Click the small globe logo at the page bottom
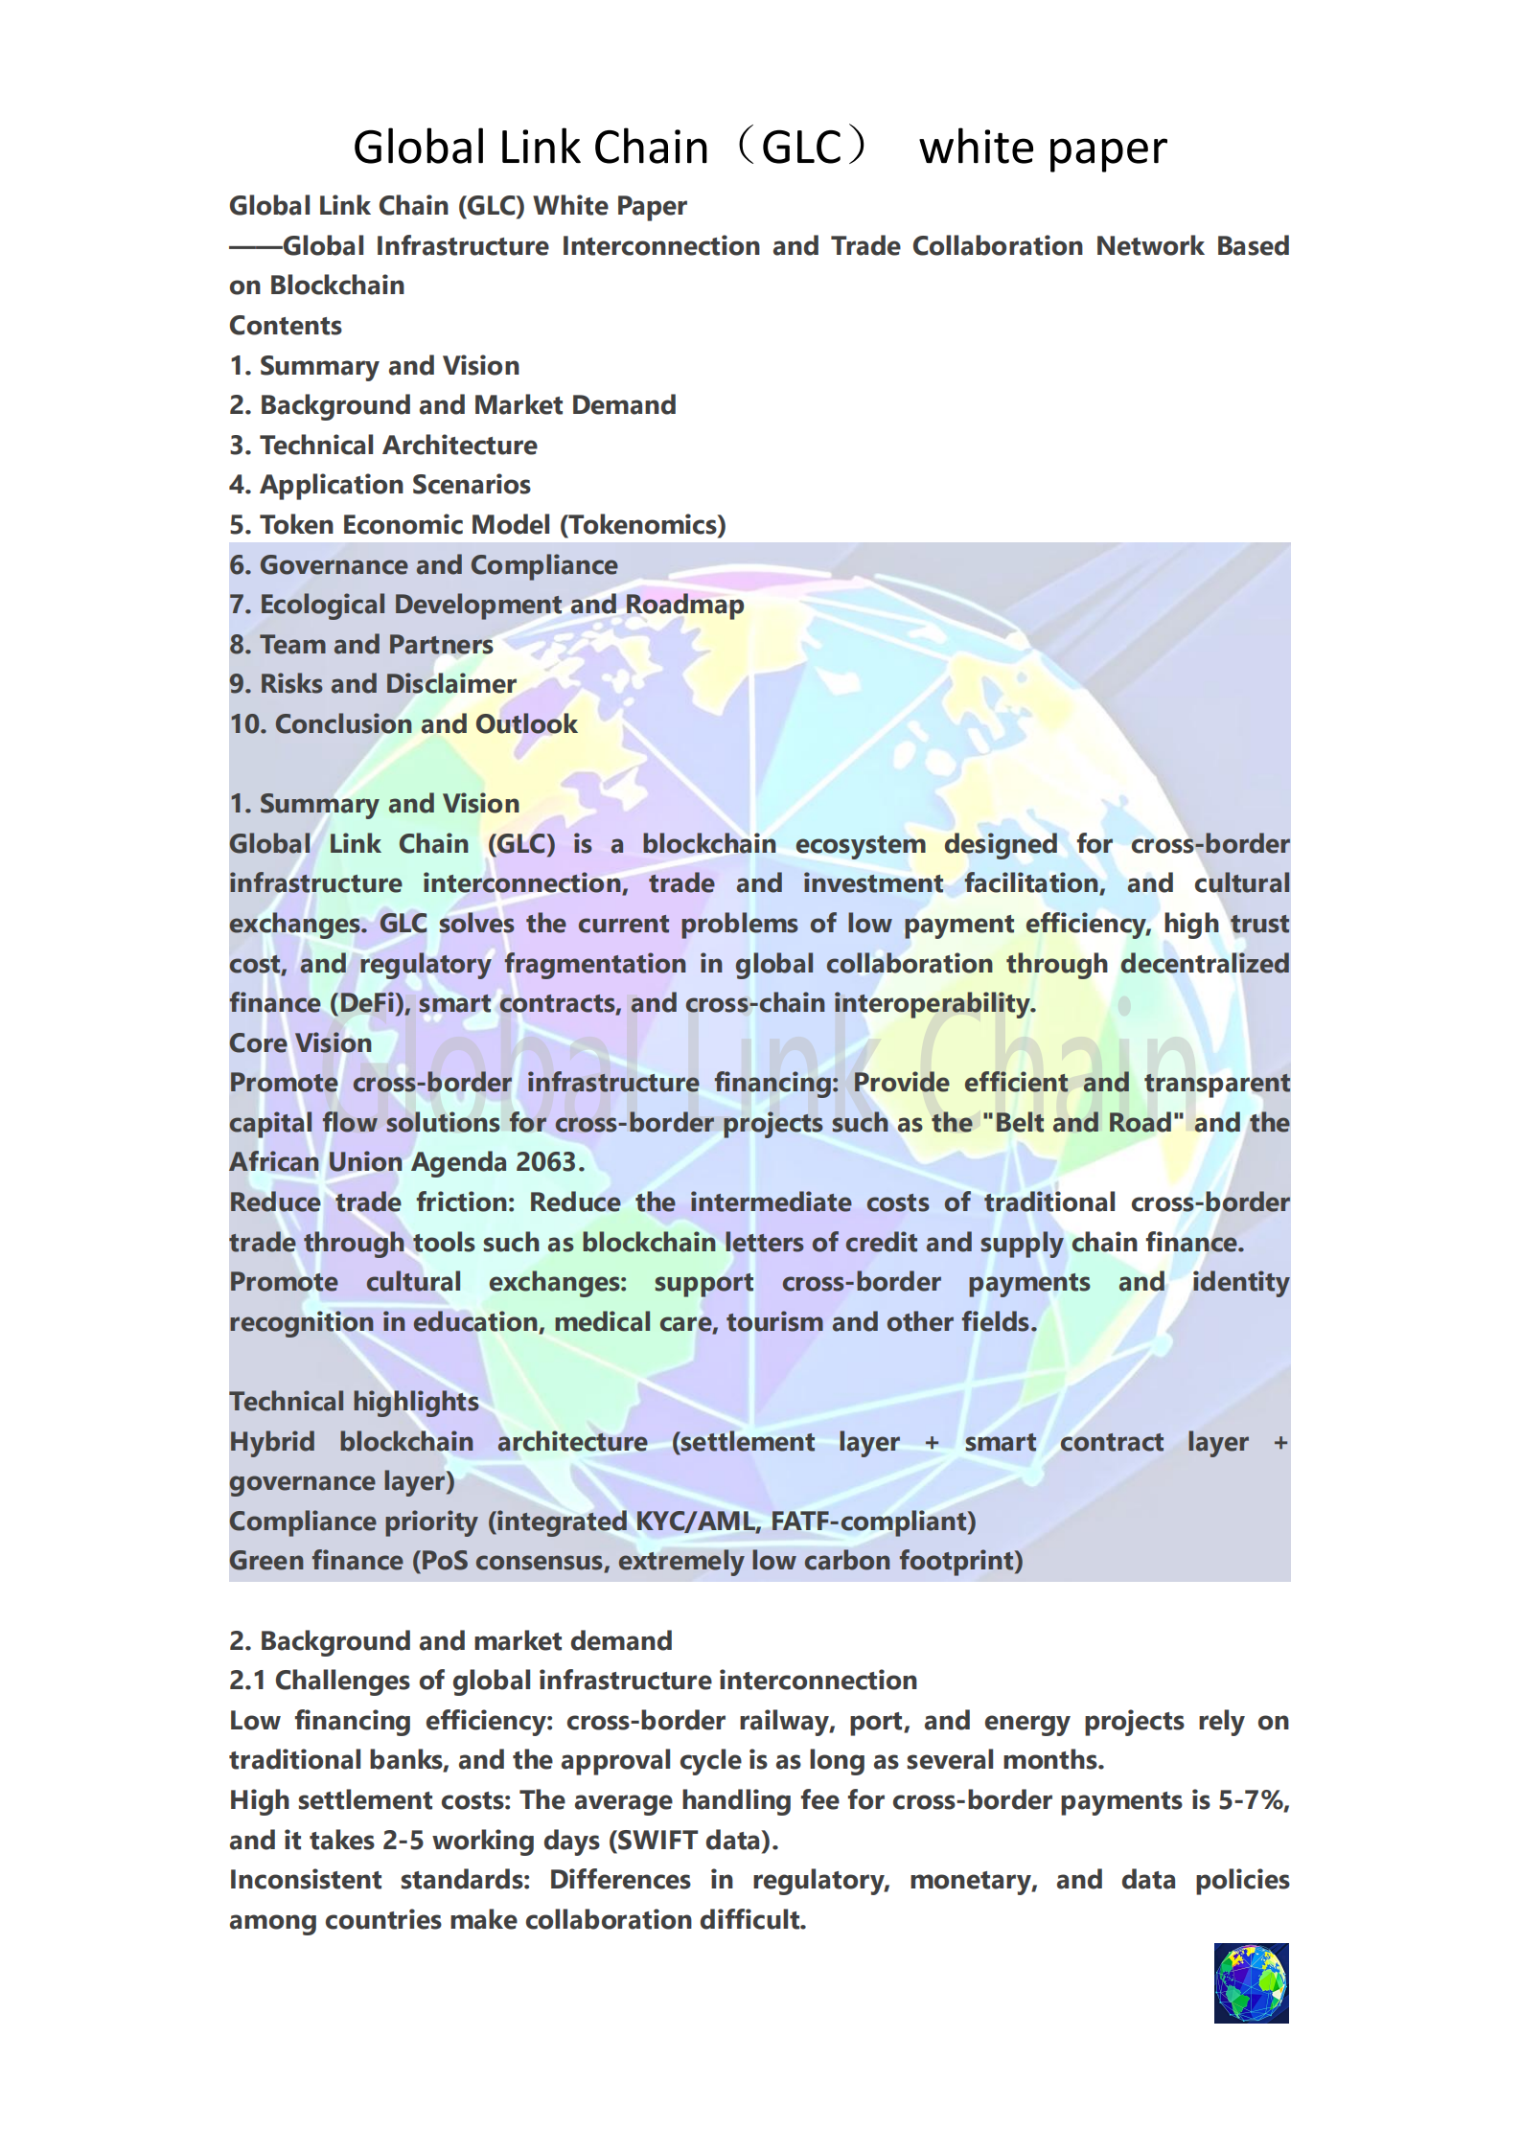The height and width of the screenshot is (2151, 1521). pyautogui.click(x=1251, y=1982)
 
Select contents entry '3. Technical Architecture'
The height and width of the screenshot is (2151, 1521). pyautogui.click(x=383, y=446)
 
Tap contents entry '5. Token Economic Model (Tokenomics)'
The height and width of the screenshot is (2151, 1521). pyautogui.click(x=477, y=525)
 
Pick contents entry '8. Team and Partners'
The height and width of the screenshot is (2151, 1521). pyautogui.click(x=361, y=645)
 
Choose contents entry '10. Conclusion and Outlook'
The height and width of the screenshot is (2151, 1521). pyautogui.click(x=403, y=724)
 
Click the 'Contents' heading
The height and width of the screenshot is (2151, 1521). pyautogui.click(x=286, y=326)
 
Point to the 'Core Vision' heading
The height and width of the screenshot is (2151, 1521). pyautogui.click(x=300, y=1043)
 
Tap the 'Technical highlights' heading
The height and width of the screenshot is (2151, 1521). pyautogui.click(x=354, y=1402)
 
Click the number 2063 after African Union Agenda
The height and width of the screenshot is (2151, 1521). pyautogui.click(x=545, y=1162)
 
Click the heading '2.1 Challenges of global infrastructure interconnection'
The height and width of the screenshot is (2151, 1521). pyautogui.click(x=573, y=1681)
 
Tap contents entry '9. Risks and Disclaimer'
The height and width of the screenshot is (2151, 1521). pyautogui.click(x=373, y=684)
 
